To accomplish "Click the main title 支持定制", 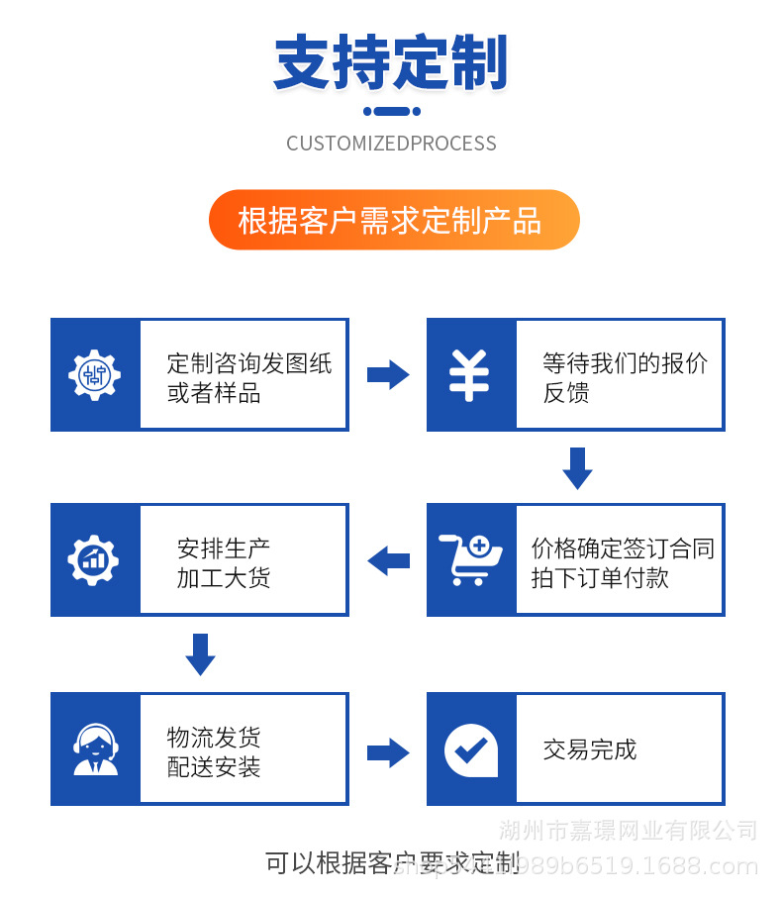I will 390,63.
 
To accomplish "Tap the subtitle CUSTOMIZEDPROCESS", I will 391,144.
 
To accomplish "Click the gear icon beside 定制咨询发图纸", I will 94,374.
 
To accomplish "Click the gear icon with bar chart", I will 94,559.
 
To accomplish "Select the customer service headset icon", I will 95,749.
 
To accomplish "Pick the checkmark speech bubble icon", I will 470,749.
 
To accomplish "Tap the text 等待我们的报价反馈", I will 624,377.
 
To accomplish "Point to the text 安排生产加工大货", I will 224,562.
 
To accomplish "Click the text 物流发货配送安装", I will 214,751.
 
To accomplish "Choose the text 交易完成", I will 589,749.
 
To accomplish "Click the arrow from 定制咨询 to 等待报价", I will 387,374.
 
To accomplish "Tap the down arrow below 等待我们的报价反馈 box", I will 577,467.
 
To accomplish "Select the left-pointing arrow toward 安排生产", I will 388,560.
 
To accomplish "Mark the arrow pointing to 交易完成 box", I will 387,752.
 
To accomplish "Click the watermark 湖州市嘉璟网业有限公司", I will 629,830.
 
